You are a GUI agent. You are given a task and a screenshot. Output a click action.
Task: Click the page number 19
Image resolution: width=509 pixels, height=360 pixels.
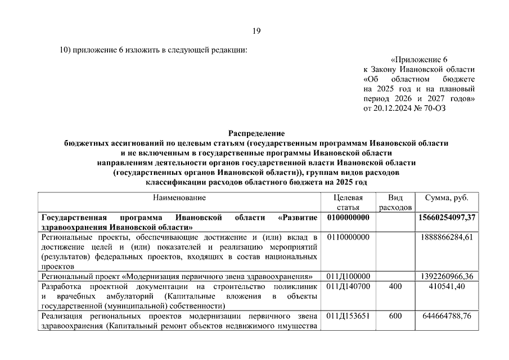[x=256, y=30]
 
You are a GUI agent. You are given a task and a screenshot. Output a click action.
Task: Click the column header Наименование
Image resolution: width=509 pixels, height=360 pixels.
[x=179, y=197]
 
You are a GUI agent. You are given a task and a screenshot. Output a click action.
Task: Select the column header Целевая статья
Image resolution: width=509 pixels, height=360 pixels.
[x=348, y=202]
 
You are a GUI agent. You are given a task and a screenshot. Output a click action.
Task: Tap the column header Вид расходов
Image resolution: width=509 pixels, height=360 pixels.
[x=395, y=202]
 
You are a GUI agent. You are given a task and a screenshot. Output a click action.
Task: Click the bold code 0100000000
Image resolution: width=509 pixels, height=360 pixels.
[x=348, y=218]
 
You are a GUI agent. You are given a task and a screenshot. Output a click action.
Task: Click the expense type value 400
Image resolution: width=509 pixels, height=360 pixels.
[x=395, y=286]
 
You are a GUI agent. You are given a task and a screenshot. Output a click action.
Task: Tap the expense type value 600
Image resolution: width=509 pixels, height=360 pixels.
[x=395, y=316]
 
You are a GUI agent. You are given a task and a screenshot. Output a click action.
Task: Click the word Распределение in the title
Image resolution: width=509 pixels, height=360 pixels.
[x=256, y=133]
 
